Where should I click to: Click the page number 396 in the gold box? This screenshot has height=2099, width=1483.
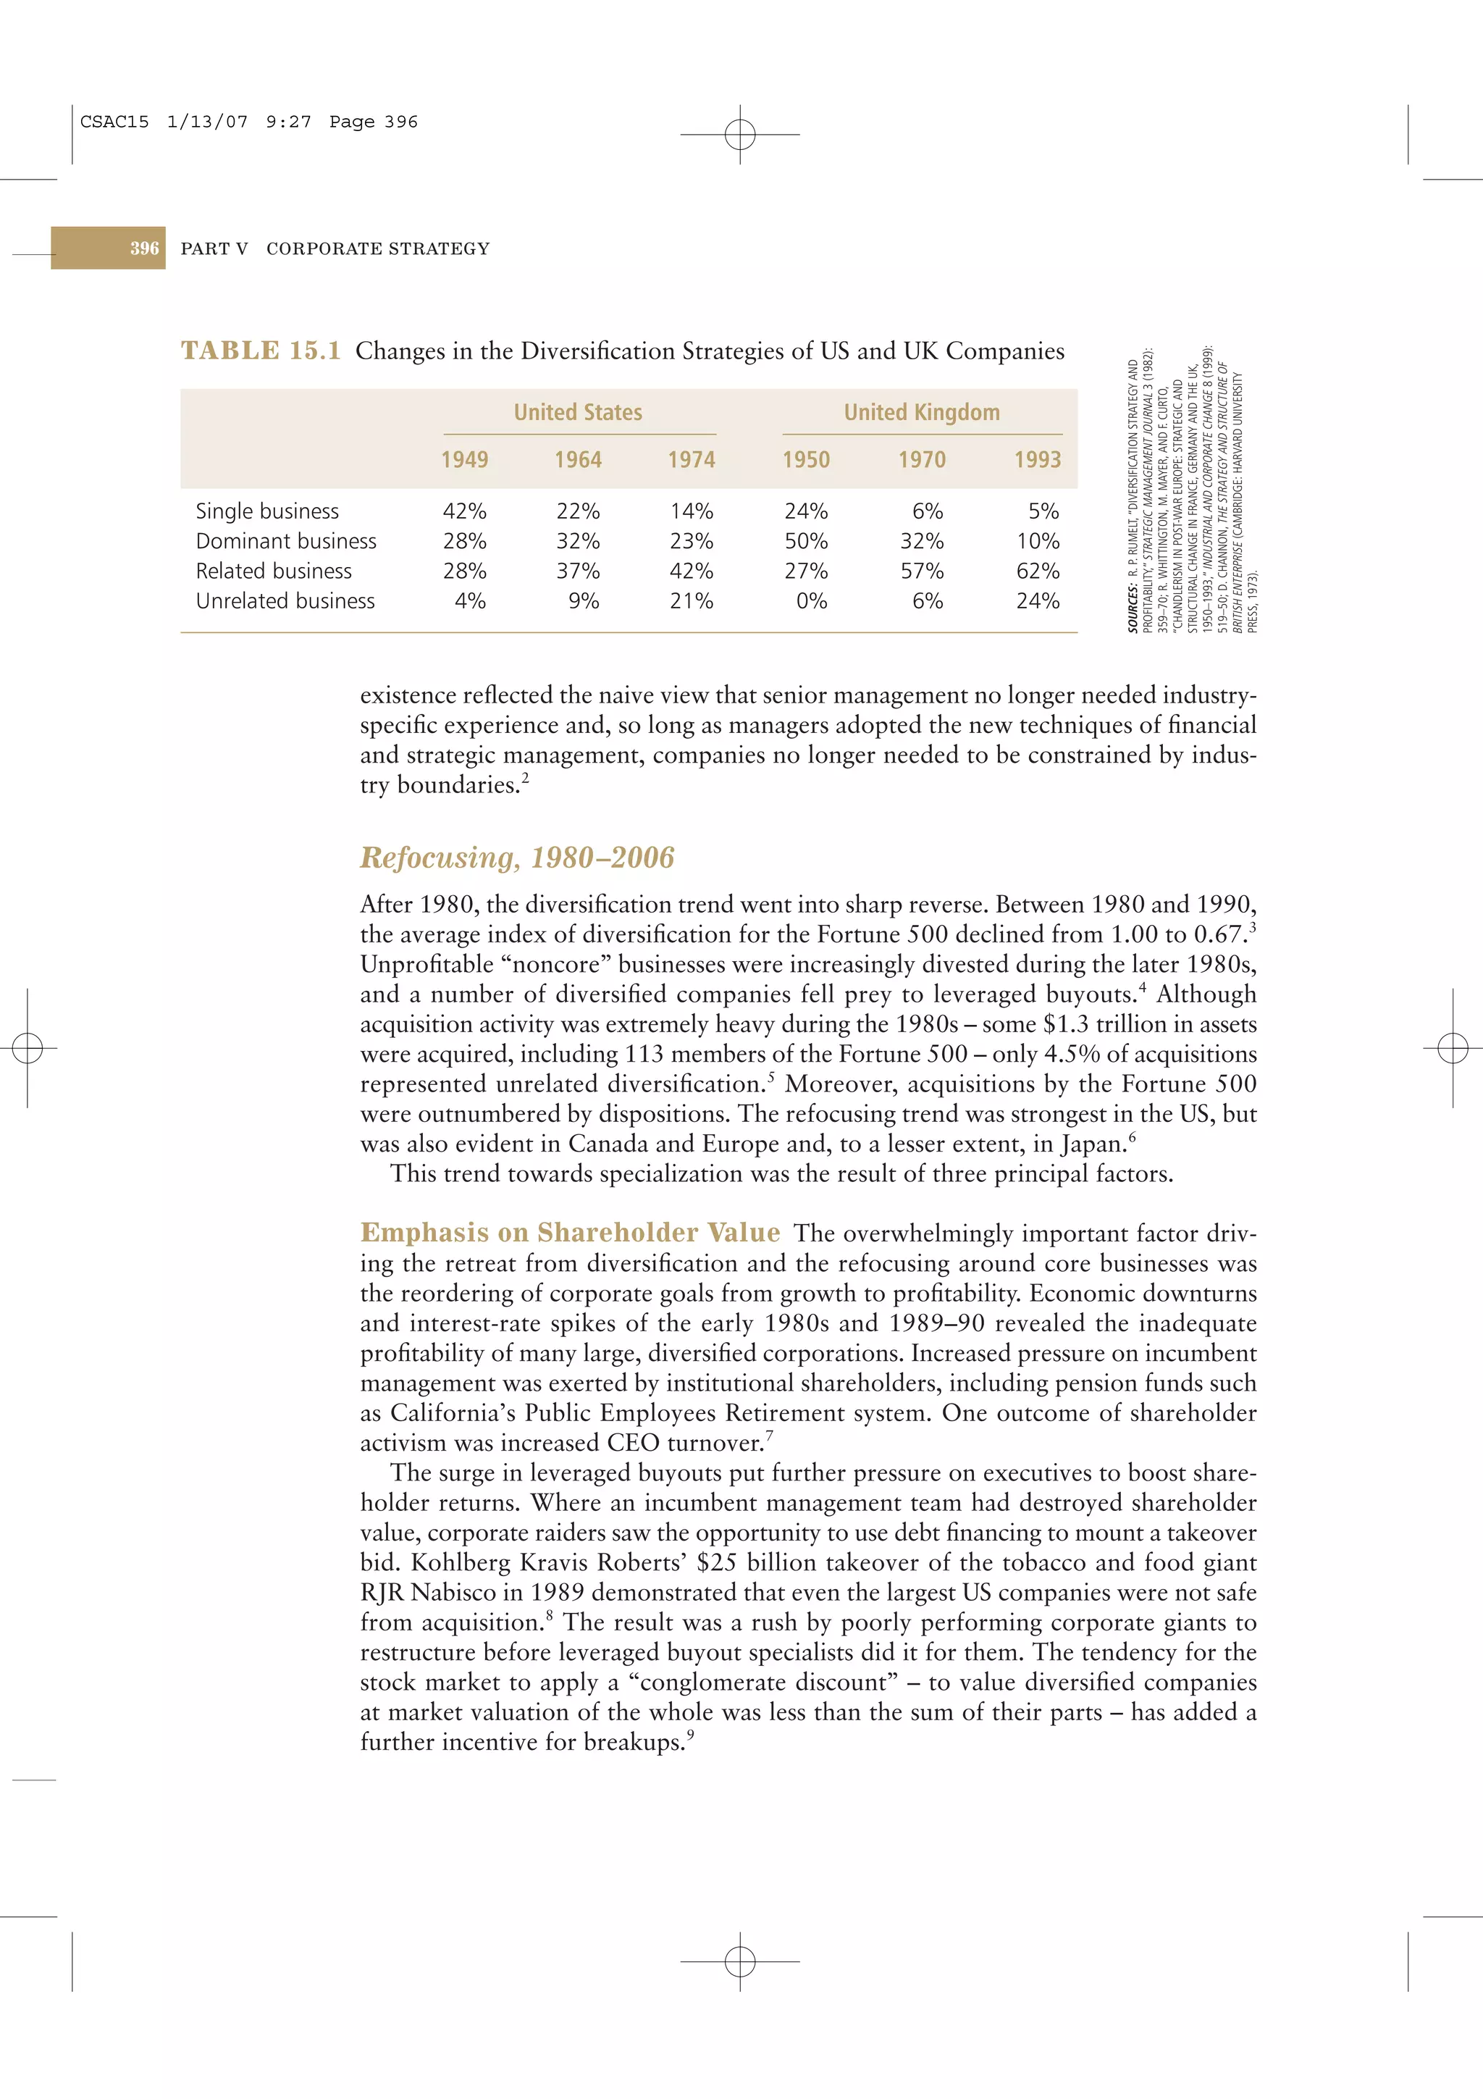144,248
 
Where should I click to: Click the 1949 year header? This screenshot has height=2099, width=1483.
464,460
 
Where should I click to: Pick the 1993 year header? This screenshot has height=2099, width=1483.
1037,460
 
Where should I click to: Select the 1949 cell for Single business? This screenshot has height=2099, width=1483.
464,511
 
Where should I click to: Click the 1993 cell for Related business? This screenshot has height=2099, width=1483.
1037,571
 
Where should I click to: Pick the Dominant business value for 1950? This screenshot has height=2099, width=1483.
806,541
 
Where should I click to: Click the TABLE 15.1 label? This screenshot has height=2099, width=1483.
261,351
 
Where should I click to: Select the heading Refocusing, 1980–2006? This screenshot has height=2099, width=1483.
517,858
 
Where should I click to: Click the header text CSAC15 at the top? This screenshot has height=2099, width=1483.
114,122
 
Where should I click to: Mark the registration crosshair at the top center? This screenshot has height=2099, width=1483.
740,135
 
